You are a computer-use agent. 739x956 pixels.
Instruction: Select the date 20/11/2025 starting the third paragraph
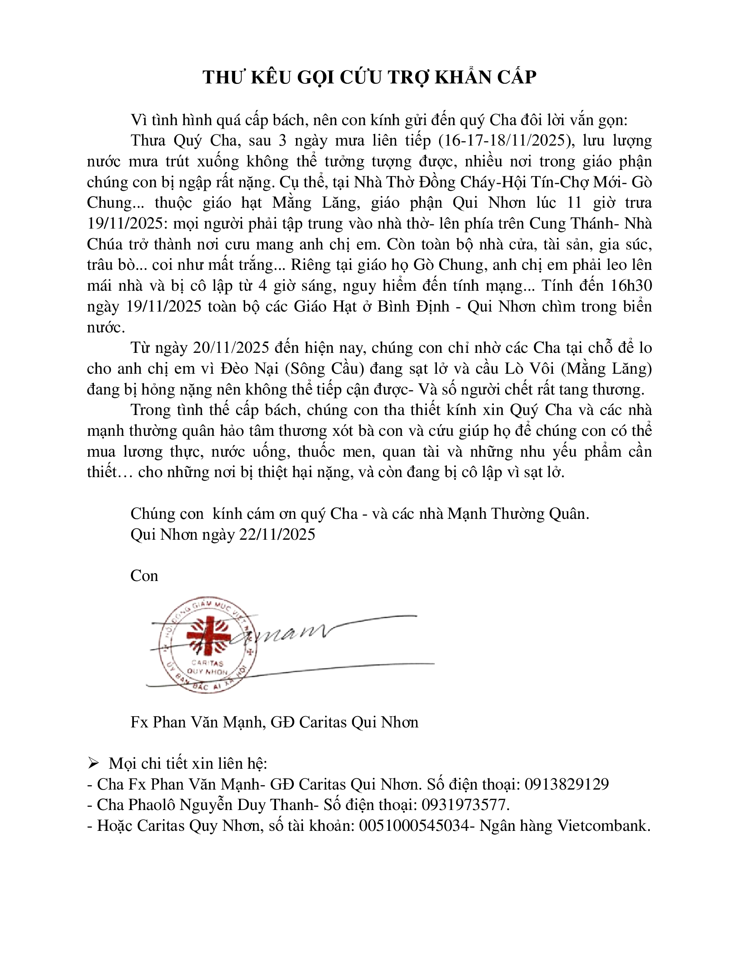click(231, 348)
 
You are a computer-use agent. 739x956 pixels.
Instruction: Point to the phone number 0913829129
click(566, 784)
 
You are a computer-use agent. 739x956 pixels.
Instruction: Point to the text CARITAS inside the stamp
click(207, 663)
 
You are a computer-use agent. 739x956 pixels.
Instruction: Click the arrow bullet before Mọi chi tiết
click(93, 763)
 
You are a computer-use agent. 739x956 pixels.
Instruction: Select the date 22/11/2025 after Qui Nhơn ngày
click(276, 534)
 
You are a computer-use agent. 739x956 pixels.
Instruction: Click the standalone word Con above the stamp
click(144, 576)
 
